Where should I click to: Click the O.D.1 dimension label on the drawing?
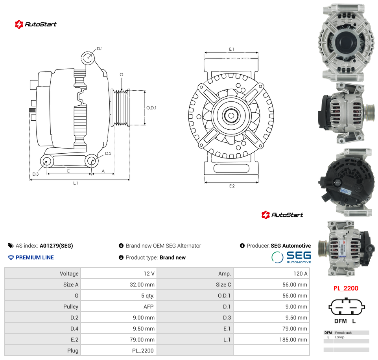click(151, 108)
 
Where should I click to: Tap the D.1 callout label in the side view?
click(100, 49)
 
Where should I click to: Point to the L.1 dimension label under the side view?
click(76, 183)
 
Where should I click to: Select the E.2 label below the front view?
click(232, 186)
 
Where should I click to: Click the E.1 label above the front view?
click(231, 49)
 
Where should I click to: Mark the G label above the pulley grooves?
click(122, 75)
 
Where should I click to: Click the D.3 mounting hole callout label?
click(35, 174)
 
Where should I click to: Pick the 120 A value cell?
click(271, 274)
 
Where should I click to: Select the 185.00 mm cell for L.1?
click(271, 340)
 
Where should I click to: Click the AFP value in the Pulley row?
click(149, 307)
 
